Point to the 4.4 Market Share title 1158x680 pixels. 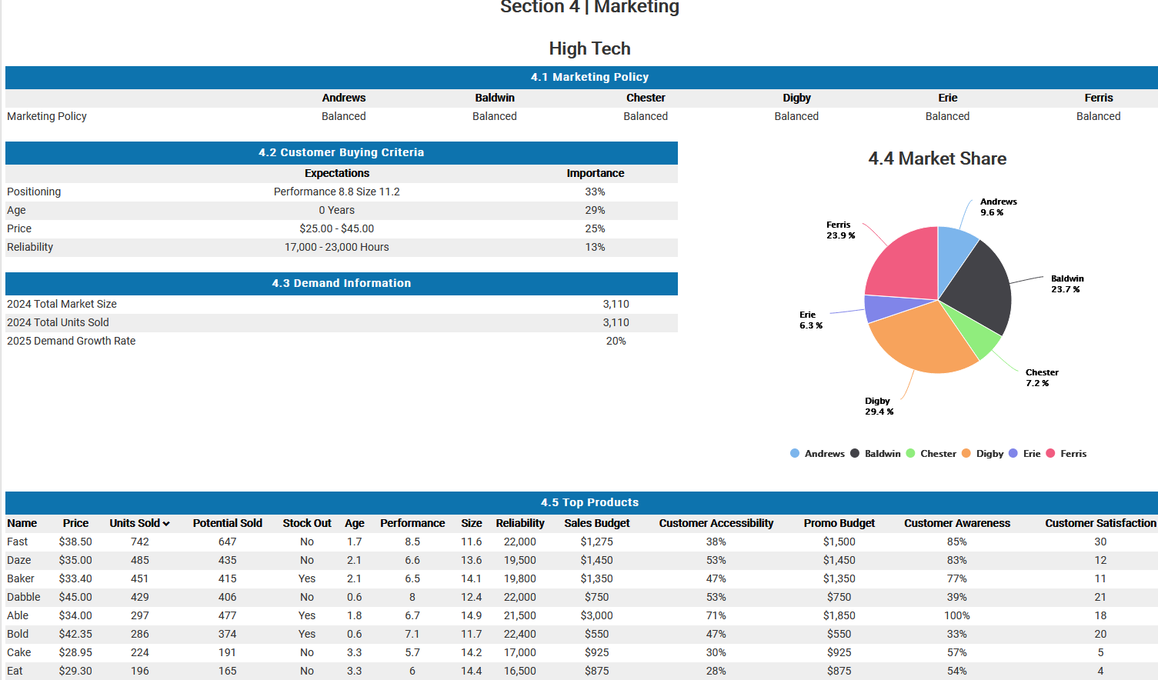coord(937,158)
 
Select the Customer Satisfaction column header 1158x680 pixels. coord(1100,523)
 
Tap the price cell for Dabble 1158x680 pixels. coord(75,597)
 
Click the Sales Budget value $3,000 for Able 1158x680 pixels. coord(596,615)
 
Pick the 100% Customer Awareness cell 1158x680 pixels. coord(956,615)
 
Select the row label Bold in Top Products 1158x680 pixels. coord(18,634)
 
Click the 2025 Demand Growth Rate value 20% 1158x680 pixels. coord(616,341)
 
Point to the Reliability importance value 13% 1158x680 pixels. coord(595,247)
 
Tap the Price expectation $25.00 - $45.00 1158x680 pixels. coord(336,228)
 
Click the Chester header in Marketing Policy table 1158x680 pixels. coord(646,98)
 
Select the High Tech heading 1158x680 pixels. coord(589,48)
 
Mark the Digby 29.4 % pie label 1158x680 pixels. coord(879,406)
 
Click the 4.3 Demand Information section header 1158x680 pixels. coord(341,283)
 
